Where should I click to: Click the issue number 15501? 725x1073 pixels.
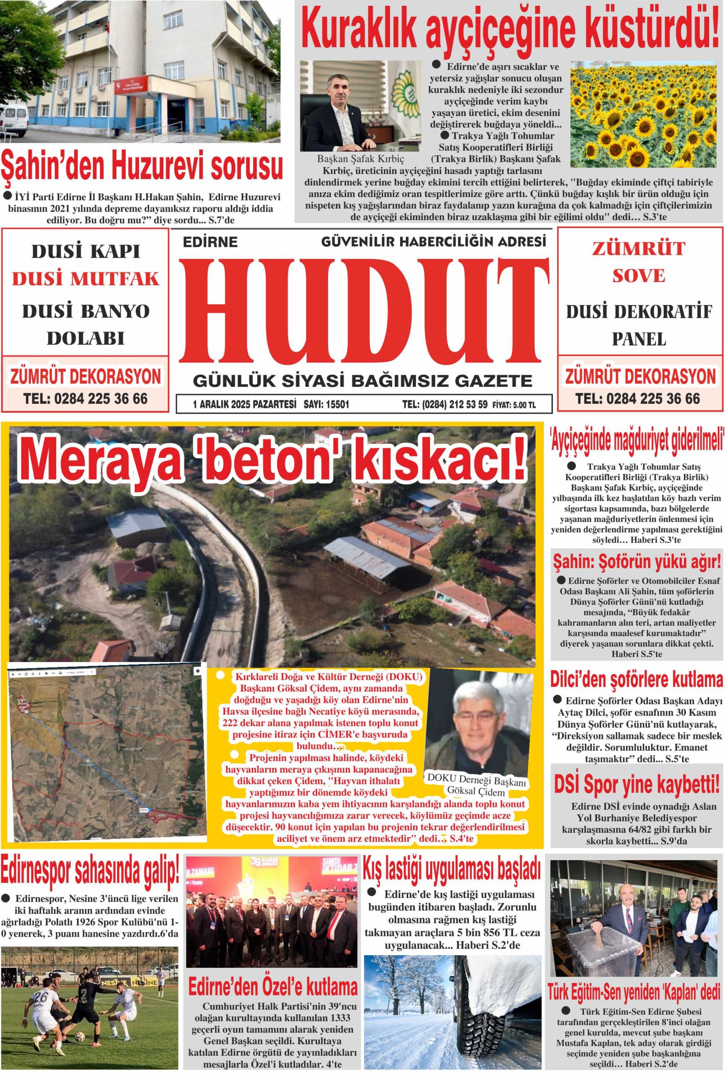337,405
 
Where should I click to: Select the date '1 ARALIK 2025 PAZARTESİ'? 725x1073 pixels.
244,405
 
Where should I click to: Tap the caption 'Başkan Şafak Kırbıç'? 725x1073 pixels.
360,158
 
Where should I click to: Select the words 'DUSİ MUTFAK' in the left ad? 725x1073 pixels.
86,279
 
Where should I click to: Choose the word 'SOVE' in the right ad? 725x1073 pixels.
639,276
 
